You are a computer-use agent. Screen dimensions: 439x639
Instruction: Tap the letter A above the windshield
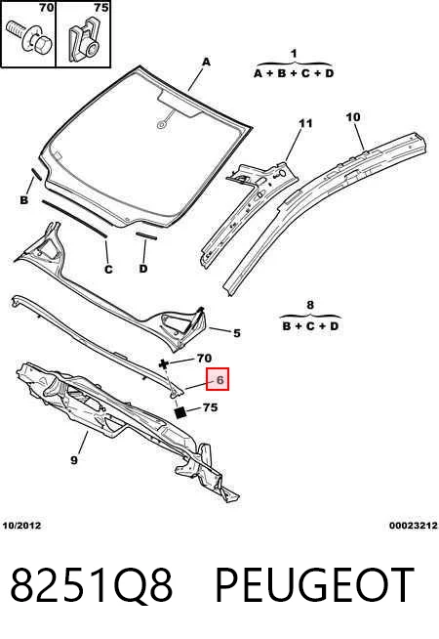pos(206,62)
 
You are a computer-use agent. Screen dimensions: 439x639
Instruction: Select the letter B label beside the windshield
pos(24,200)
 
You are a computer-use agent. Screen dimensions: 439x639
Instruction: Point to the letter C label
pos(108,270)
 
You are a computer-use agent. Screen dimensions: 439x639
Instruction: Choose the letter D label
pos(143,269)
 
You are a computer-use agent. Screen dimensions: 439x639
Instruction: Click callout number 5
pos(236,333)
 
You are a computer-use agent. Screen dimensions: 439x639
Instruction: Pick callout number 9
pos(73,460)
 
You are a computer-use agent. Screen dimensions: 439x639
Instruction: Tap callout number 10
pos(353,117)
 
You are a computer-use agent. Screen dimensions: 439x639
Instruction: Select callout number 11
pos(305,123)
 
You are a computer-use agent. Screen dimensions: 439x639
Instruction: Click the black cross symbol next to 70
pos(164,363)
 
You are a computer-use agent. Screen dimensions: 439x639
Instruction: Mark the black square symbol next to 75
pos(180,412)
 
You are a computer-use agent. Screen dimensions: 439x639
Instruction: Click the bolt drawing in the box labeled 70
pos(29,37)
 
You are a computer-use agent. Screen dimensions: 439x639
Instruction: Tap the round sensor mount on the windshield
pos(162,125)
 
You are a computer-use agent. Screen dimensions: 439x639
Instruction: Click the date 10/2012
pos(21,526)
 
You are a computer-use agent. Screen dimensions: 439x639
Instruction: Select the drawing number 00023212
pos(414,526)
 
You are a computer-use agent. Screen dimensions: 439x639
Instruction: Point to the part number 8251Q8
pos(92,585)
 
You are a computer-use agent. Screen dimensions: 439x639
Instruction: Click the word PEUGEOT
pos(314,585)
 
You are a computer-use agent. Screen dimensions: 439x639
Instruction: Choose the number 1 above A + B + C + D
pos(294,54)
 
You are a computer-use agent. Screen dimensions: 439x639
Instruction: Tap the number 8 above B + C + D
pos(310,305)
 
